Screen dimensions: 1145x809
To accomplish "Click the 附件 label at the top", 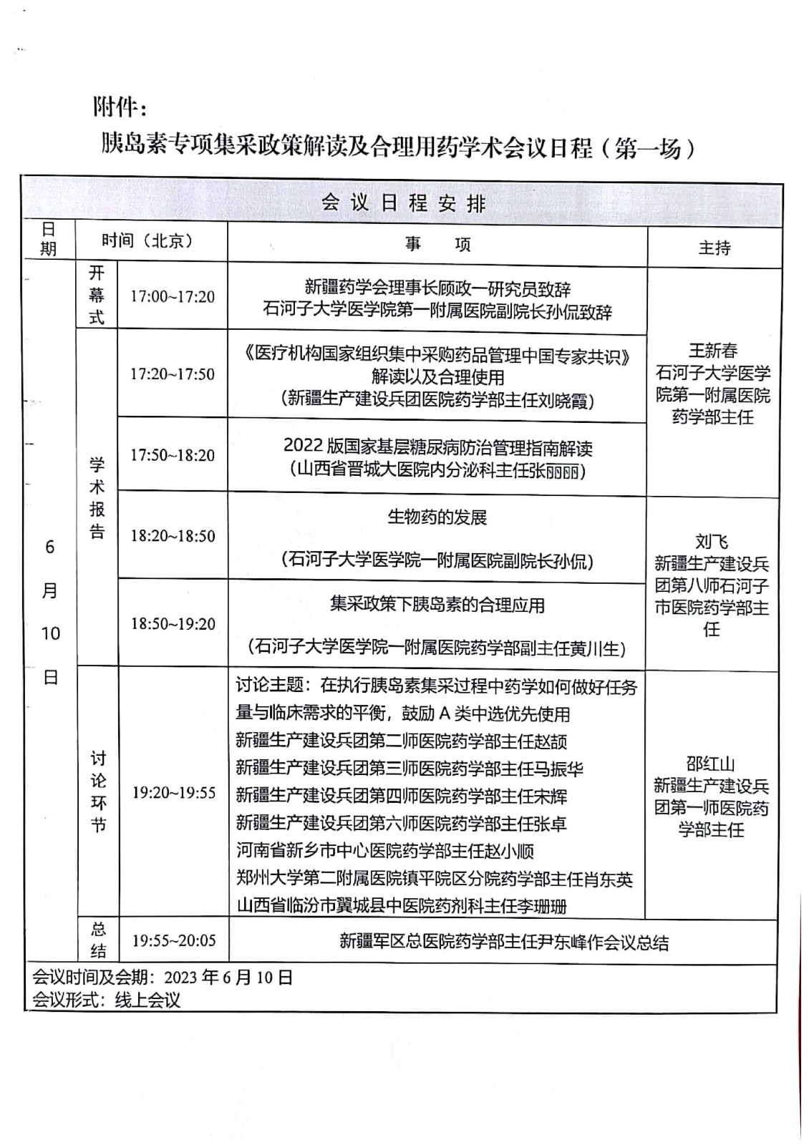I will click(120, 107).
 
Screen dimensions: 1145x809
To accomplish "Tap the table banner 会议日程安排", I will click(403, 203).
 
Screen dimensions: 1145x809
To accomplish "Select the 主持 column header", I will click(714, 248).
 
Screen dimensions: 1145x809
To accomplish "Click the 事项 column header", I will click(437, 245).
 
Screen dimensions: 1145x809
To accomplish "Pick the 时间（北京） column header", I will click(147, 240).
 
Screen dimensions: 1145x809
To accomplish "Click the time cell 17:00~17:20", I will click(172, 296).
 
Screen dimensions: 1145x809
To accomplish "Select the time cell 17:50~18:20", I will click(172, 455).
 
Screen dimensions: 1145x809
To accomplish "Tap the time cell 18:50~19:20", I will click(173, 623).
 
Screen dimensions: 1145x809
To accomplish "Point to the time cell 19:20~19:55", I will click(173, 792).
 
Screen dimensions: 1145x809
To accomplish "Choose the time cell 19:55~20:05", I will click(173, 940).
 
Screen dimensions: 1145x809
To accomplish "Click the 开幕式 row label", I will click(97, 295).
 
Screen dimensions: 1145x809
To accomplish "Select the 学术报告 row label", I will click(97, 498).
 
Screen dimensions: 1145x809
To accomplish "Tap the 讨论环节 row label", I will click(97, 791).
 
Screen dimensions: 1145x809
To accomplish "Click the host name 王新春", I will click(712, 351).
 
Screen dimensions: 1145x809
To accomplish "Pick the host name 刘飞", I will click(711, 541).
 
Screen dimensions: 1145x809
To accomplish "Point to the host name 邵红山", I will click(710, 764).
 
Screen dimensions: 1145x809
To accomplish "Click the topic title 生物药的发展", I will click(437, 517).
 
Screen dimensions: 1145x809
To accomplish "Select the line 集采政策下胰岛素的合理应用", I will click(437, 605).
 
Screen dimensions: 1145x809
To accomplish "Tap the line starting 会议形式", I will click(107, 1000).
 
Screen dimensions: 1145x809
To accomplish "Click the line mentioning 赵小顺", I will click(385, 851).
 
